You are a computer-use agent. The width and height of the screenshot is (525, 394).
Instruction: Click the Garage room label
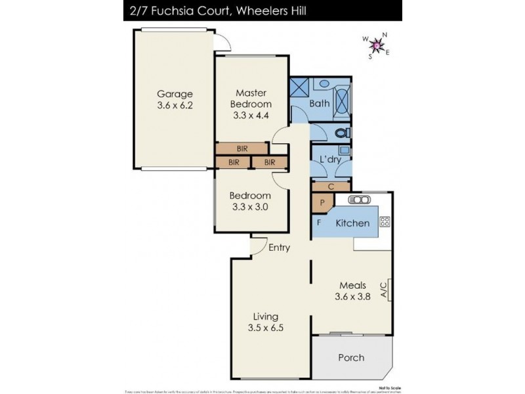(174, 93)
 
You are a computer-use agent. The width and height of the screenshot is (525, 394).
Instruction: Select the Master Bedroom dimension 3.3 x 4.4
(251, 116)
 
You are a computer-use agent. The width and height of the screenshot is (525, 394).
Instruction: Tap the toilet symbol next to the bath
(341, 133)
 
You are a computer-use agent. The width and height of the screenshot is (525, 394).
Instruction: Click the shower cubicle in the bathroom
(301, 88)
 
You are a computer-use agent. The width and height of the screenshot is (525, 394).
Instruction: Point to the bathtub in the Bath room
(343, 98)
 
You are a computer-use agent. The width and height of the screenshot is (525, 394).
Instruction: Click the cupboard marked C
(331, 186)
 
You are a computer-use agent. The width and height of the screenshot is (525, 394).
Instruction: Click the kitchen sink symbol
(360, 200)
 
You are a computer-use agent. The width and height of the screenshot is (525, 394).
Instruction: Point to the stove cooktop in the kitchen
(385, 221)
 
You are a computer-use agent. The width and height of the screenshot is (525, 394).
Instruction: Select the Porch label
(351, 358)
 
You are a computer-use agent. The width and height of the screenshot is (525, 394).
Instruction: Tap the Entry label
(280, 248)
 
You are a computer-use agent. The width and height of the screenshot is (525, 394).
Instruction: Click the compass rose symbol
(377, 45)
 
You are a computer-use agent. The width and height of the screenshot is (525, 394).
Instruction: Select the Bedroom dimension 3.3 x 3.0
(250, 206)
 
